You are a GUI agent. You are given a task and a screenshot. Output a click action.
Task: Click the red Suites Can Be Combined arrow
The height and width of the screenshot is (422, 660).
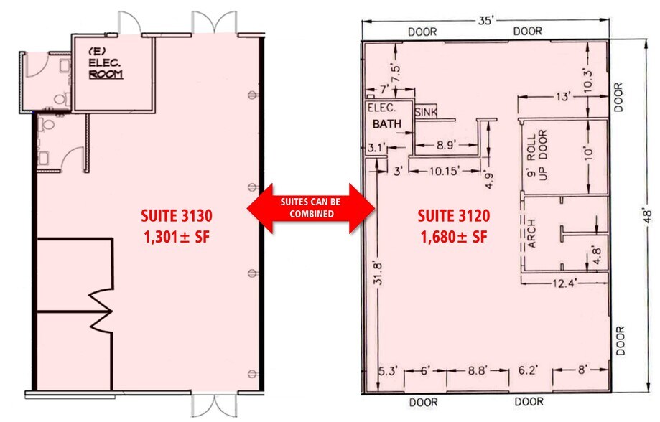point(311,208)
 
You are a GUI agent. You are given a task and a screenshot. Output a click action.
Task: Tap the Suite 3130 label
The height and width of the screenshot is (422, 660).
point(176,215)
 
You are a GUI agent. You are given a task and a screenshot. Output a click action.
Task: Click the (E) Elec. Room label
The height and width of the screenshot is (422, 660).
point(103,63)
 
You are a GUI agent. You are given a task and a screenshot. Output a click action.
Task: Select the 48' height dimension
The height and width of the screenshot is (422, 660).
point(647,215)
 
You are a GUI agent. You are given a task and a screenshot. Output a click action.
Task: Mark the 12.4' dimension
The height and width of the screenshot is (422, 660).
point(563,282)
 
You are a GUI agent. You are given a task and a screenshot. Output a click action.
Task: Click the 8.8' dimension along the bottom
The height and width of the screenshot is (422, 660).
point(478,372)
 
